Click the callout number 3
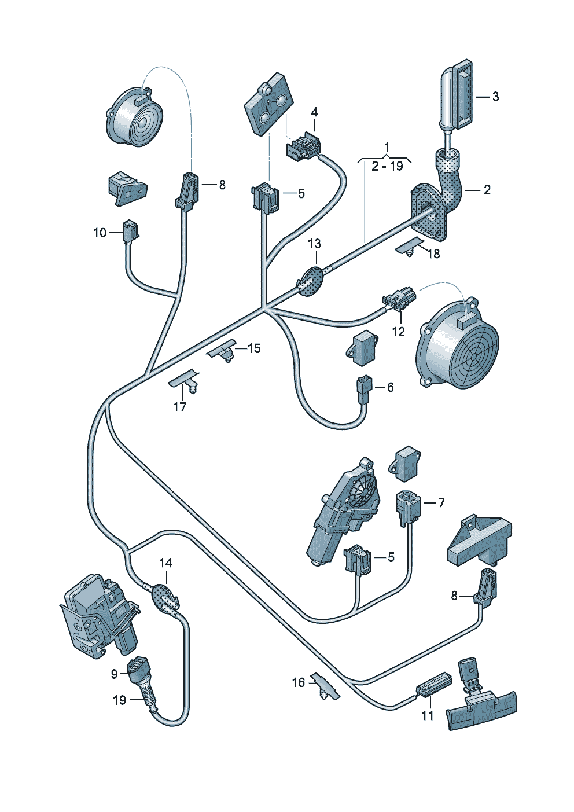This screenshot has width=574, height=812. [x=495, y=97]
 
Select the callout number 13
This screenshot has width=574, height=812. [x=315, y=244]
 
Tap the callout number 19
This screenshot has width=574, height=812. [x=120, y=700]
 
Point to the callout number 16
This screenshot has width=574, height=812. [x=299, y=682]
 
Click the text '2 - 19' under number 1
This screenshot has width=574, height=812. [x=387, y=166]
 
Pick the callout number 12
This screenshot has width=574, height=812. [x=399, y=332]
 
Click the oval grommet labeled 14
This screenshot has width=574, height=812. [x=165, y=599]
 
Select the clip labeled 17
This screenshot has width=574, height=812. [x=186, y=382]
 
